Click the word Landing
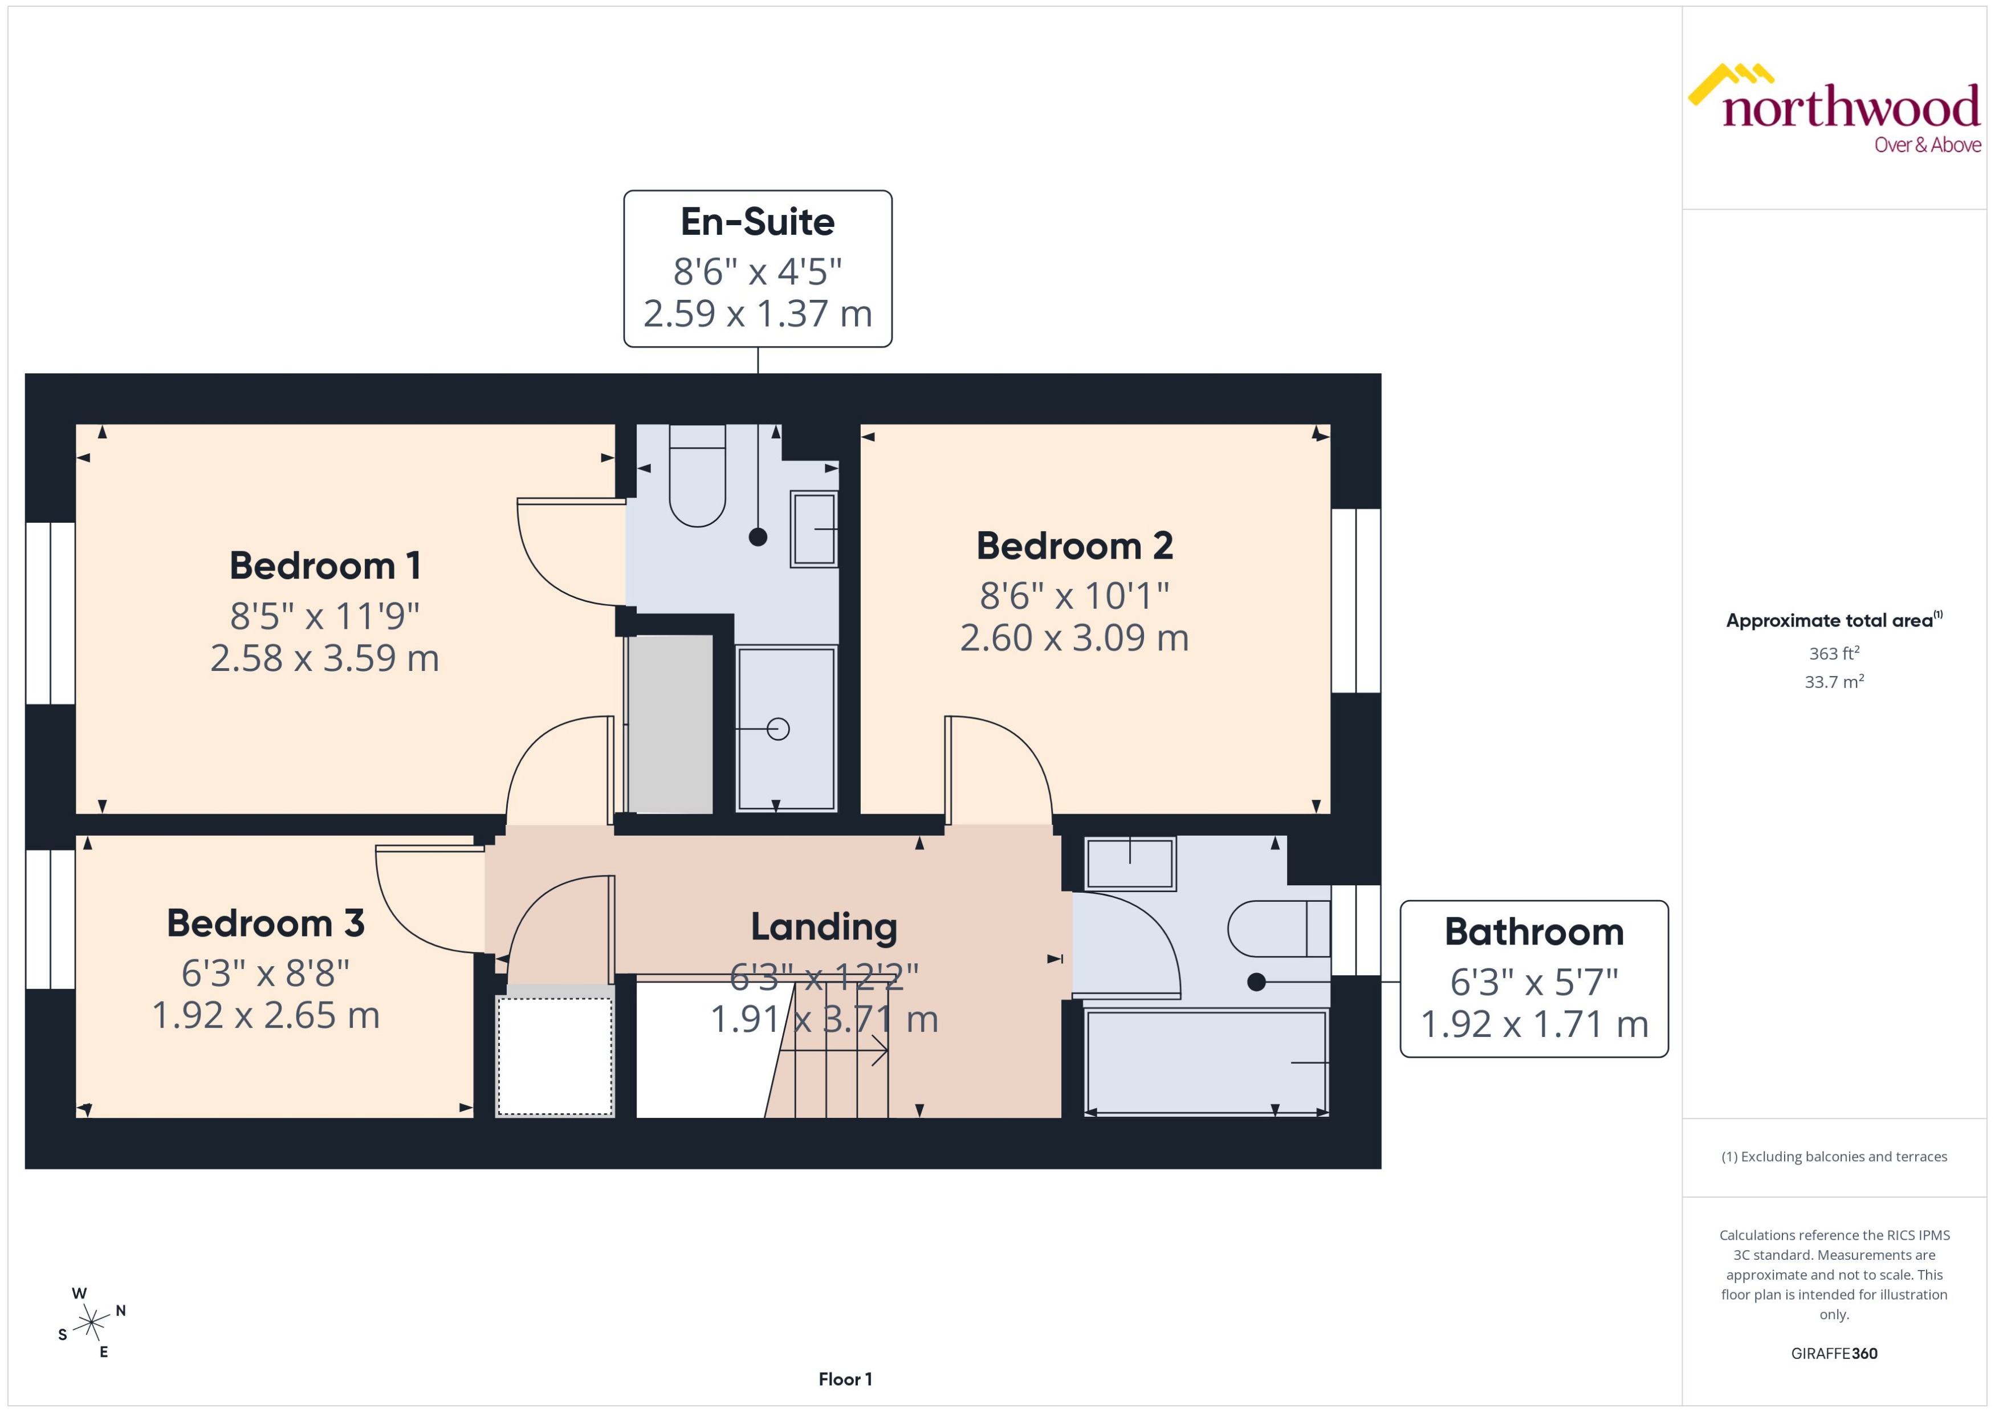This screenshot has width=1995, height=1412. click(x=823, y=927)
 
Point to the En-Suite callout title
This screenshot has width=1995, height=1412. click(x=757, y=222)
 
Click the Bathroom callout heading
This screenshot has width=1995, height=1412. click(x=1533, y=932)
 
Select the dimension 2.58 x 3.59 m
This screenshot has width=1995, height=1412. click(x=325, y=658)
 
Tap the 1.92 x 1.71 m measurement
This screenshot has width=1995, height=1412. click(x=1533, y=1024)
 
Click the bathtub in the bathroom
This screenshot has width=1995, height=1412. click(x=1206, y=1061)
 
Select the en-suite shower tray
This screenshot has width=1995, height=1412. click(x=785, y=729)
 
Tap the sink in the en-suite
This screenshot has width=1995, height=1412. click(x=813, y=528)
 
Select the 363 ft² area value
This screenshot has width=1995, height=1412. click(x=1833, y=653)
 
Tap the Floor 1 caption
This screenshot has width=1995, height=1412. click(x=844, y=1379)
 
